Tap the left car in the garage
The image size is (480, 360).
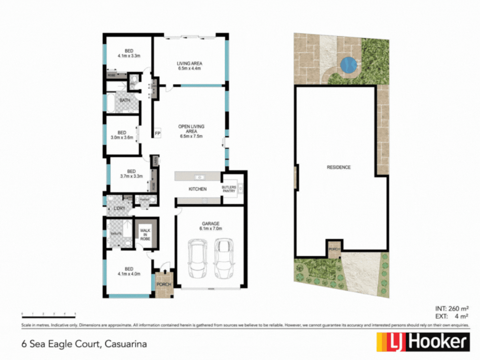click(197, 258)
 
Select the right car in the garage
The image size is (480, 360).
click(224, 258)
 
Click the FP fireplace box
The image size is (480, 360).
click(157, 134)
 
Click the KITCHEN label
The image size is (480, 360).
click(198, 189)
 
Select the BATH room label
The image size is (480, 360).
click(125, 100)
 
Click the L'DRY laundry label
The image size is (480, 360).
click(119, 209)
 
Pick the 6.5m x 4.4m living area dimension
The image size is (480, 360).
click(190, 68)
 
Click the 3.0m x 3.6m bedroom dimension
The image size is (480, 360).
click(122, 137)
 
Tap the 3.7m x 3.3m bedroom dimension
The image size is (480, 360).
click(131, 176)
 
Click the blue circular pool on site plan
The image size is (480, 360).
click(348, 64)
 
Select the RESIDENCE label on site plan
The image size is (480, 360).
click(339, 167)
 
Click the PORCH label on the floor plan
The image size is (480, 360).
click(163, 284)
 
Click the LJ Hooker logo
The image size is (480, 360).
click(423, 341)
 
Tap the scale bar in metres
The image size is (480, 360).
click(49, 316)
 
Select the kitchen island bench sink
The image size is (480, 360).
click(199, 177)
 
